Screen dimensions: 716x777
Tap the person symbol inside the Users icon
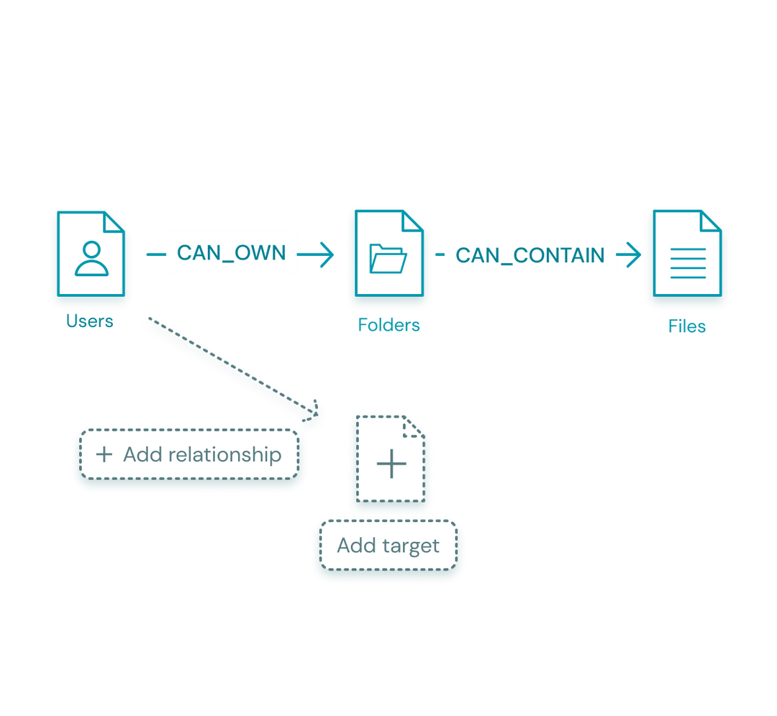pos(91,260)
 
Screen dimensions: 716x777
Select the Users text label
pos(90,321)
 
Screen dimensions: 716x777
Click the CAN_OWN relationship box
pos(232,253)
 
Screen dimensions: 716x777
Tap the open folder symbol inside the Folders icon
pos(388,259)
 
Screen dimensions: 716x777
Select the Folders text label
pos(388,325)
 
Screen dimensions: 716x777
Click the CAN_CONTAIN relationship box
pos(530,255)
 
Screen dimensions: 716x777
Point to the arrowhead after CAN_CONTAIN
pos(634,255)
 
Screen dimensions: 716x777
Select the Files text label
pos(686,326)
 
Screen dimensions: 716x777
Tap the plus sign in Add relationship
pos(104,455)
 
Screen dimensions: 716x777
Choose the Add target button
pos(388,546)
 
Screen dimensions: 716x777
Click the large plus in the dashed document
pos(391,464)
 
